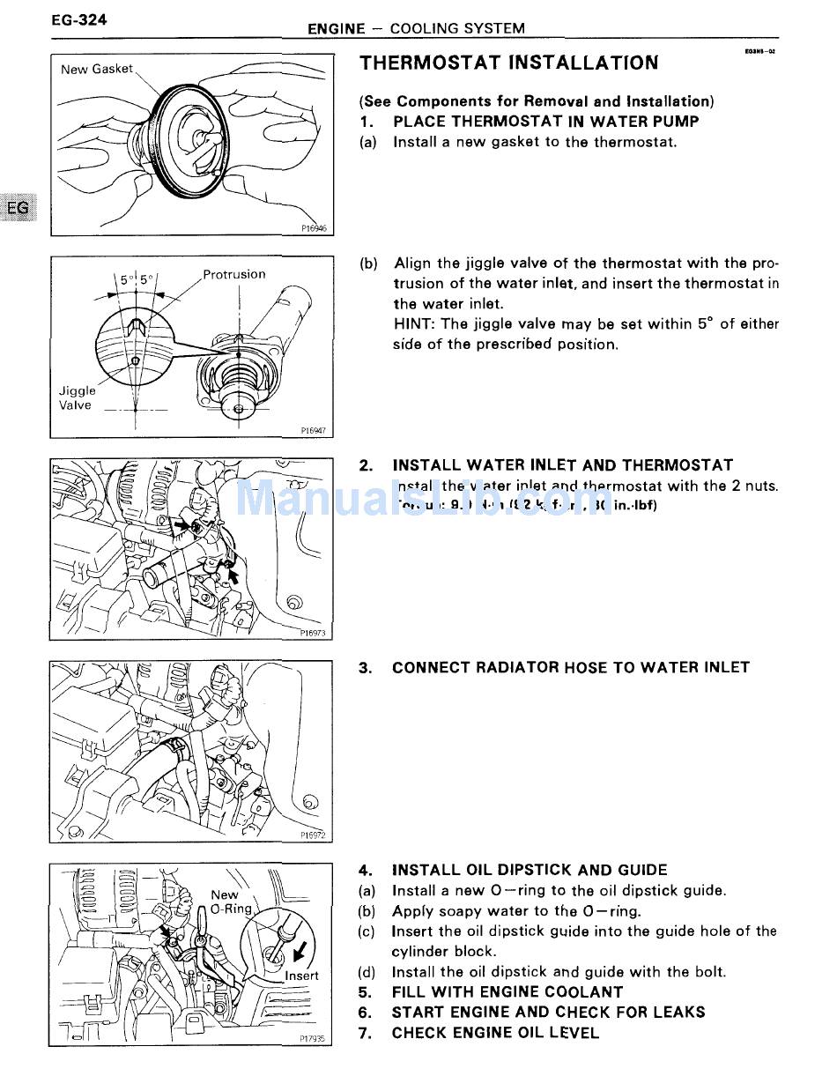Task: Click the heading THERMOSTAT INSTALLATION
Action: click(508, 63)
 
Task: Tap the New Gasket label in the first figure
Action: click(97, 69)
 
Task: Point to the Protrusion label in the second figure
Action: click(233, 274)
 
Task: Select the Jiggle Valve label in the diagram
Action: click(77, 397)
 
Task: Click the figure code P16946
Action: click(313, 228)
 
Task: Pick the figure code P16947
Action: click(313, 431)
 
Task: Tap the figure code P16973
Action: click(313, 633)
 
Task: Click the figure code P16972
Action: click(313, 835)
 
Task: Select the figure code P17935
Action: click(312, 1039)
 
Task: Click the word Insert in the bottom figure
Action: click(301, 976)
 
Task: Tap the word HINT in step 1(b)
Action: click(412, 323)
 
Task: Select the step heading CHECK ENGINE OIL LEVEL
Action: click(495, 1033)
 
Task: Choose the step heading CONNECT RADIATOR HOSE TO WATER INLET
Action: click(570, 667)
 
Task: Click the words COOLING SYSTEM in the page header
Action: click(457, 28)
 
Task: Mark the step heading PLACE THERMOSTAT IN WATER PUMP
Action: click(545, 122)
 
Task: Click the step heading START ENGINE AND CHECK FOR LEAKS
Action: click(548, 1013)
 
